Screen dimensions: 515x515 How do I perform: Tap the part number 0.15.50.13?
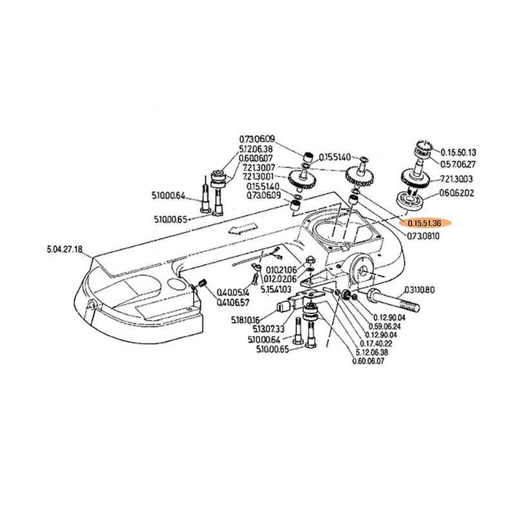click(458, 153)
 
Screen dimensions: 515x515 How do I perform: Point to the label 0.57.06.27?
click(458, 164)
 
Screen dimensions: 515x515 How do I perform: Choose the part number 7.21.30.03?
click(456, 180)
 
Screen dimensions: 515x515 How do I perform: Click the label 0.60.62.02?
click(456, 192)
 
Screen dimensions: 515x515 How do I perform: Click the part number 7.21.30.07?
click(257, 167)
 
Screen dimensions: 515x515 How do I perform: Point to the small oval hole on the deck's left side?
click(174, 284)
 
